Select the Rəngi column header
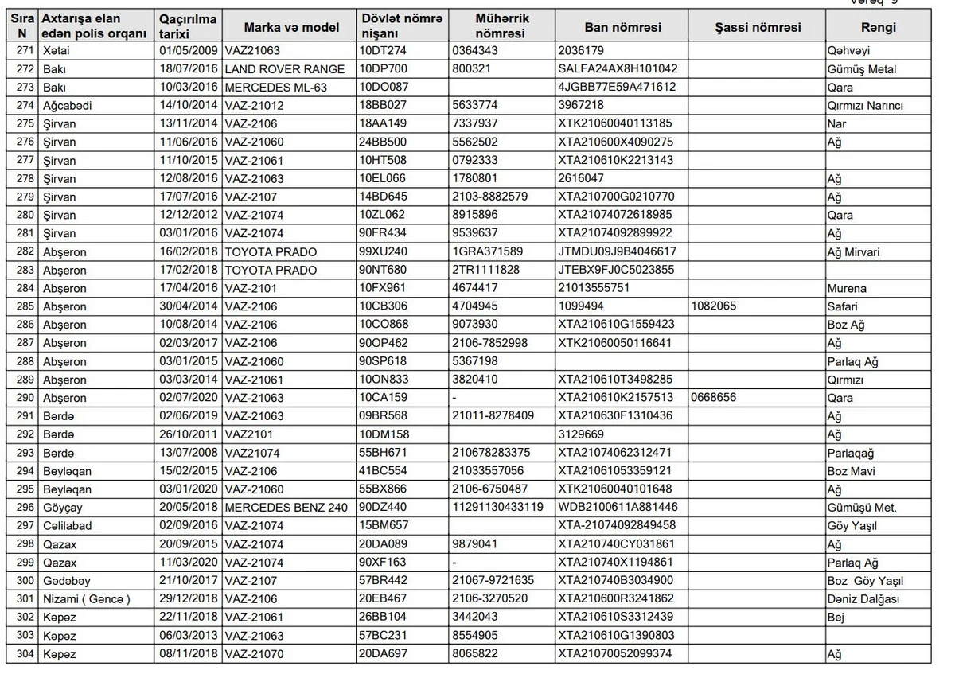pyautogui.click(x=878, y=27)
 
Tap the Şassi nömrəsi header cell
pyautogui.click(x=757, y=27)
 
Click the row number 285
pyautogui.click(x=25, y=306)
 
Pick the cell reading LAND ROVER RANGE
pyautogui.click(x=285, y=69)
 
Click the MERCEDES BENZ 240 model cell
pyautogui.click(x=286, y=508)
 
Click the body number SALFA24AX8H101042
pyautogui.click(x=618, y=69)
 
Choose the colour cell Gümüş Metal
pyautogui.click(x=861, y=69)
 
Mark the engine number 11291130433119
pyautogui.click(x=497, y=508)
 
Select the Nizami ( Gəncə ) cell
pyautogui.click(x=86, y=599)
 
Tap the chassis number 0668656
pyautogui.click(x=714, y=398)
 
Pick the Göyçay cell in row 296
pyautogui.click(x=63, y=508)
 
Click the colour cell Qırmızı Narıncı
pyautogui.click(x=865, y=106)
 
